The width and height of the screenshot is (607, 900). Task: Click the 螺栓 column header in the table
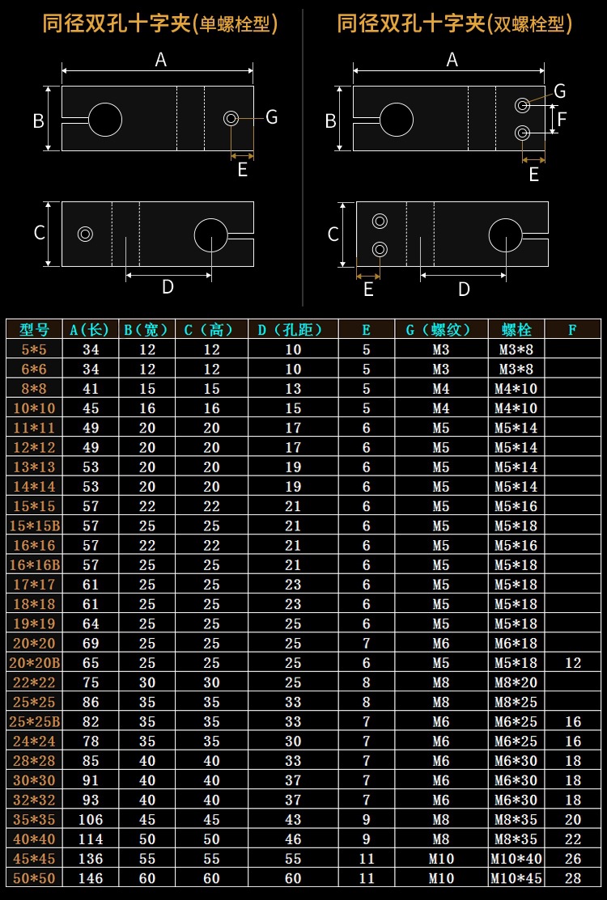point(516,330)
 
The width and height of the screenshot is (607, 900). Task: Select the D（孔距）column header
point(292,330)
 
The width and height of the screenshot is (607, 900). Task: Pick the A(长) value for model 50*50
point(90,878)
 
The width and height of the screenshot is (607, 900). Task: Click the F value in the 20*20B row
point(573,663)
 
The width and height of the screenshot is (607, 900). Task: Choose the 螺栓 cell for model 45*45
point(516,859)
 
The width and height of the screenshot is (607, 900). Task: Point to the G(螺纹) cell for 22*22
point(440,682)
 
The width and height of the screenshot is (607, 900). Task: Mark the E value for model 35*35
point(366,819)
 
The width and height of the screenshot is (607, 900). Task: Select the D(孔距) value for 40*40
point(292,839)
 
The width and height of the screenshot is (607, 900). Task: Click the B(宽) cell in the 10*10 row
point(146,408)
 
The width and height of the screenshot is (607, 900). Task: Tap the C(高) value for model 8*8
point(210,389)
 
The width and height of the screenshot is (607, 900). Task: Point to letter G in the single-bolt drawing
point(271,117)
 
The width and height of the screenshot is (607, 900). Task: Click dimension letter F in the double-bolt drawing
point(562,119)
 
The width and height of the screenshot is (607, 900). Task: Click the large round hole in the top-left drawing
point(104,120)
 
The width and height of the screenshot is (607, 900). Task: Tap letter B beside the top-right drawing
point(330,121)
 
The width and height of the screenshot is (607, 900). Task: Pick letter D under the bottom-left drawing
point(168,287)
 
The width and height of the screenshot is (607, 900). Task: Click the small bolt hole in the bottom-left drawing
point(85,235)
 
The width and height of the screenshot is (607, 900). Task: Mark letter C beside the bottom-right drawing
point(333,235)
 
